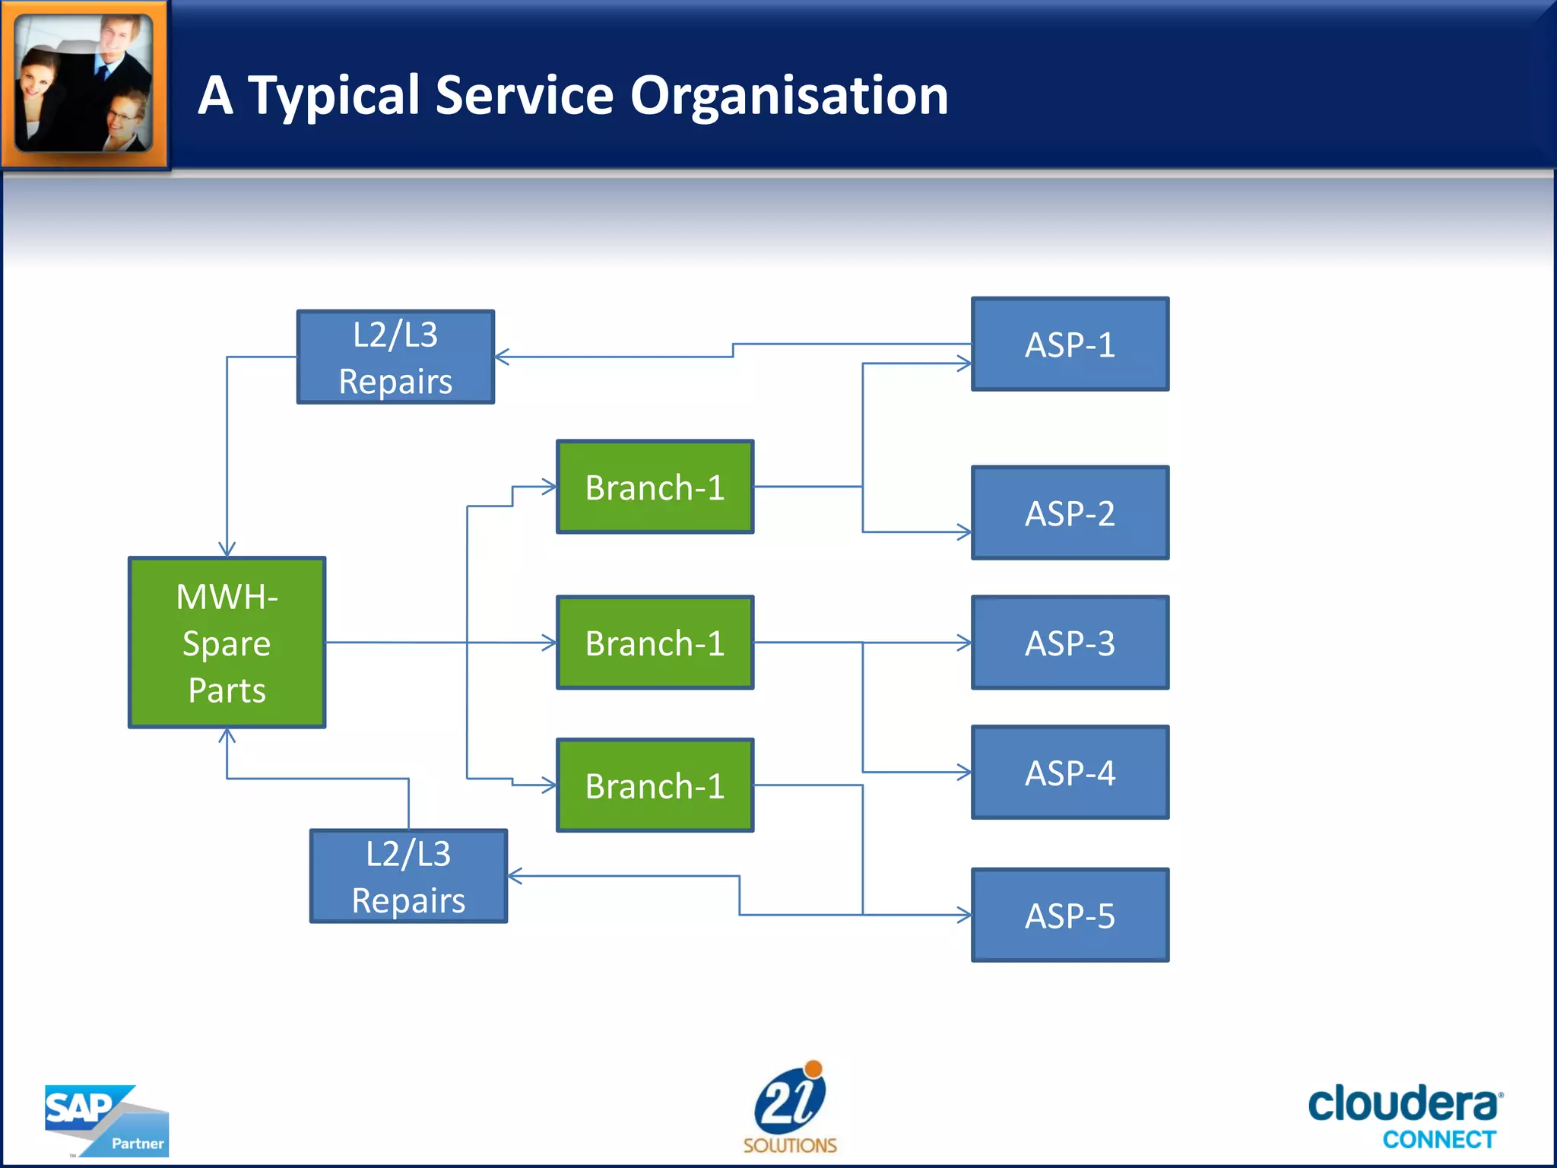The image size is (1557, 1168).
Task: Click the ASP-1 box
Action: (x=1070, y=344)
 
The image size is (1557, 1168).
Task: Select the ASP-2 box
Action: (x=1070, y=513)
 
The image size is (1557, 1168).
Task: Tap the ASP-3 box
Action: (x=1070, y=643)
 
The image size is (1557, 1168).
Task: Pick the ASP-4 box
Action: (x=1070, y=773)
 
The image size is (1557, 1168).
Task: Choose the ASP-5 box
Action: (x=1070, y=916)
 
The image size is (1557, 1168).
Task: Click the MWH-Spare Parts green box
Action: (x=227, y=643)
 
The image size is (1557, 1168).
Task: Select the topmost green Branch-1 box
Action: (x=655, y=487)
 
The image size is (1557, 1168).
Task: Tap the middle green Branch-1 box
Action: (x=655, y=643)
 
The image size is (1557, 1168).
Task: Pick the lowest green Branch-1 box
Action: (x=655, y=786)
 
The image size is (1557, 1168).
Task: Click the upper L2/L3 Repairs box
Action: (x=395, y=357)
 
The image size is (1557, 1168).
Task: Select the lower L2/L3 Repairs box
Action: (x=408, y=877)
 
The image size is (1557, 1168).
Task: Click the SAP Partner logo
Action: (x=106, y=1121)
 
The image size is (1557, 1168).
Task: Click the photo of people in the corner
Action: (x=84, y=83)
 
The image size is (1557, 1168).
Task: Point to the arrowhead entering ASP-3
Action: (x=965, y=643)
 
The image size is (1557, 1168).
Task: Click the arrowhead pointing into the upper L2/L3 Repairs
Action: (x=502, y=357)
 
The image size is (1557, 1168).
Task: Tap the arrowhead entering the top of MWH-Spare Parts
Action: (x=227, y=550)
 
